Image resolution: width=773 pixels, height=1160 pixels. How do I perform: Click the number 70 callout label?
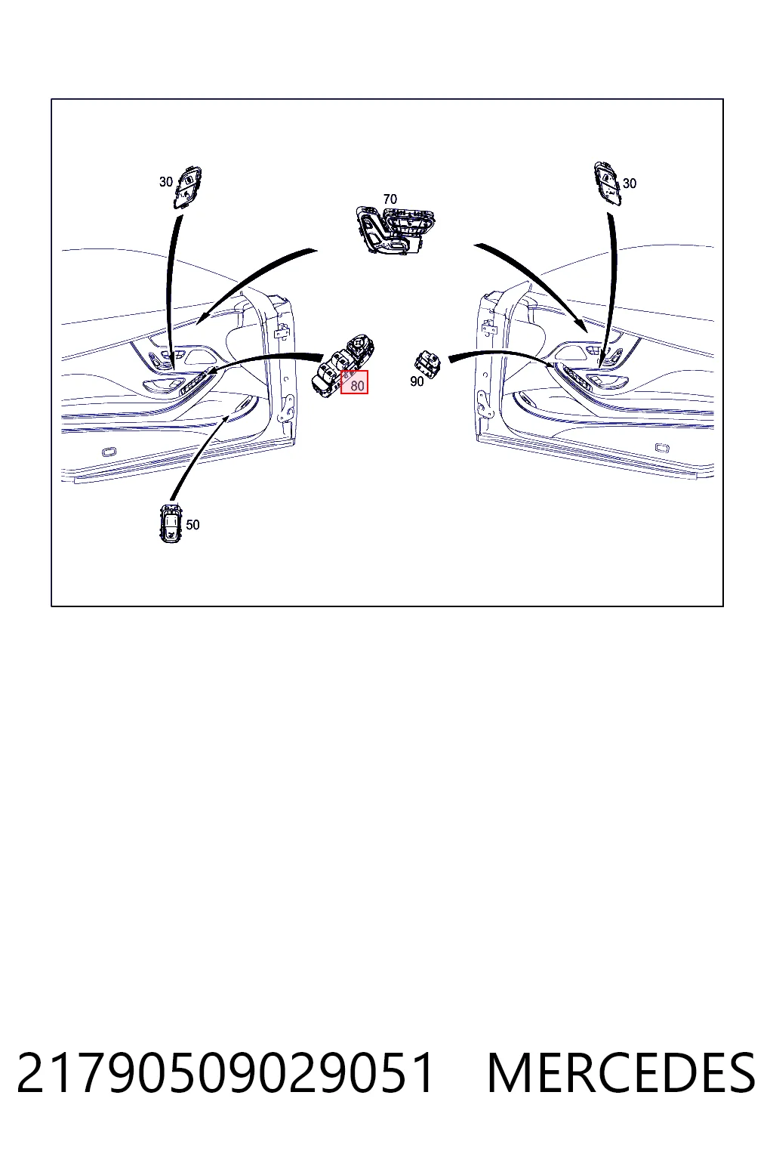(390, 199)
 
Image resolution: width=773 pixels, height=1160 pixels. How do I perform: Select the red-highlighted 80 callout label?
(355, 382)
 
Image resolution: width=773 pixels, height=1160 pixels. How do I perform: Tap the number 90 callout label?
(417, 381)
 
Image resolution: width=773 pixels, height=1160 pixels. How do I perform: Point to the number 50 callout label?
(192, 525)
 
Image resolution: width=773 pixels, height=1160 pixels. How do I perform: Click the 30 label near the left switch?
(165, 182)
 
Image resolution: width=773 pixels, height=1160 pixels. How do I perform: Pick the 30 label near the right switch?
(630, 184)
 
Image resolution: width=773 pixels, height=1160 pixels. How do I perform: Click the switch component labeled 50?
(171, 523)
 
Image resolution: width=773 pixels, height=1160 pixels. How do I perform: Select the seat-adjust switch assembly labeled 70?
(395, 229)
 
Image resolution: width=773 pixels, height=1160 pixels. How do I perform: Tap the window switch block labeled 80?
(342, 366)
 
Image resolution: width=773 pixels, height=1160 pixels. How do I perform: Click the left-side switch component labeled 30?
(187, 187)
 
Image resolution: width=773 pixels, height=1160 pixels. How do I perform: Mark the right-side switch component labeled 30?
(608, 184)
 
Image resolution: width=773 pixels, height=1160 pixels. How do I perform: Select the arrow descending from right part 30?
(613, 290)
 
